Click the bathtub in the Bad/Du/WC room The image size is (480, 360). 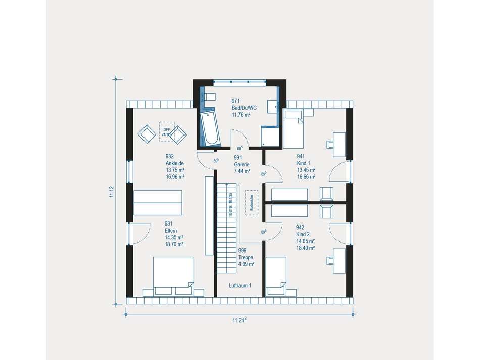tap(210, 128)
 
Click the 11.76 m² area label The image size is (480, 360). tap(242, 115)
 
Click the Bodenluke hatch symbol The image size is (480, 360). tap(251, 203)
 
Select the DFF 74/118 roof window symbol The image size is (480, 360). tap(166, 130)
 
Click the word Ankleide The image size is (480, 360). tap(174, 163)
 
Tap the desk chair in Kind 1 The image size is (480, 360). tap(331, 144)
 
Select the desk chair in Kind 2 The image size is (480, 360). tap(330, 260)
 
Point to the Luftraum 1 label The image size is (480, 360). tap(240, 286)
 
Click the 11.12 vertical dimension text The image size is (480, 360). tap(111, 192)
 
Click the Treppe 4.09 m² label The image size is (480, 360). tap(246, 257)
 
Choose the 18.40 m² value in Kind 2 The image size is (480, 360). tap(306, 248)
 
